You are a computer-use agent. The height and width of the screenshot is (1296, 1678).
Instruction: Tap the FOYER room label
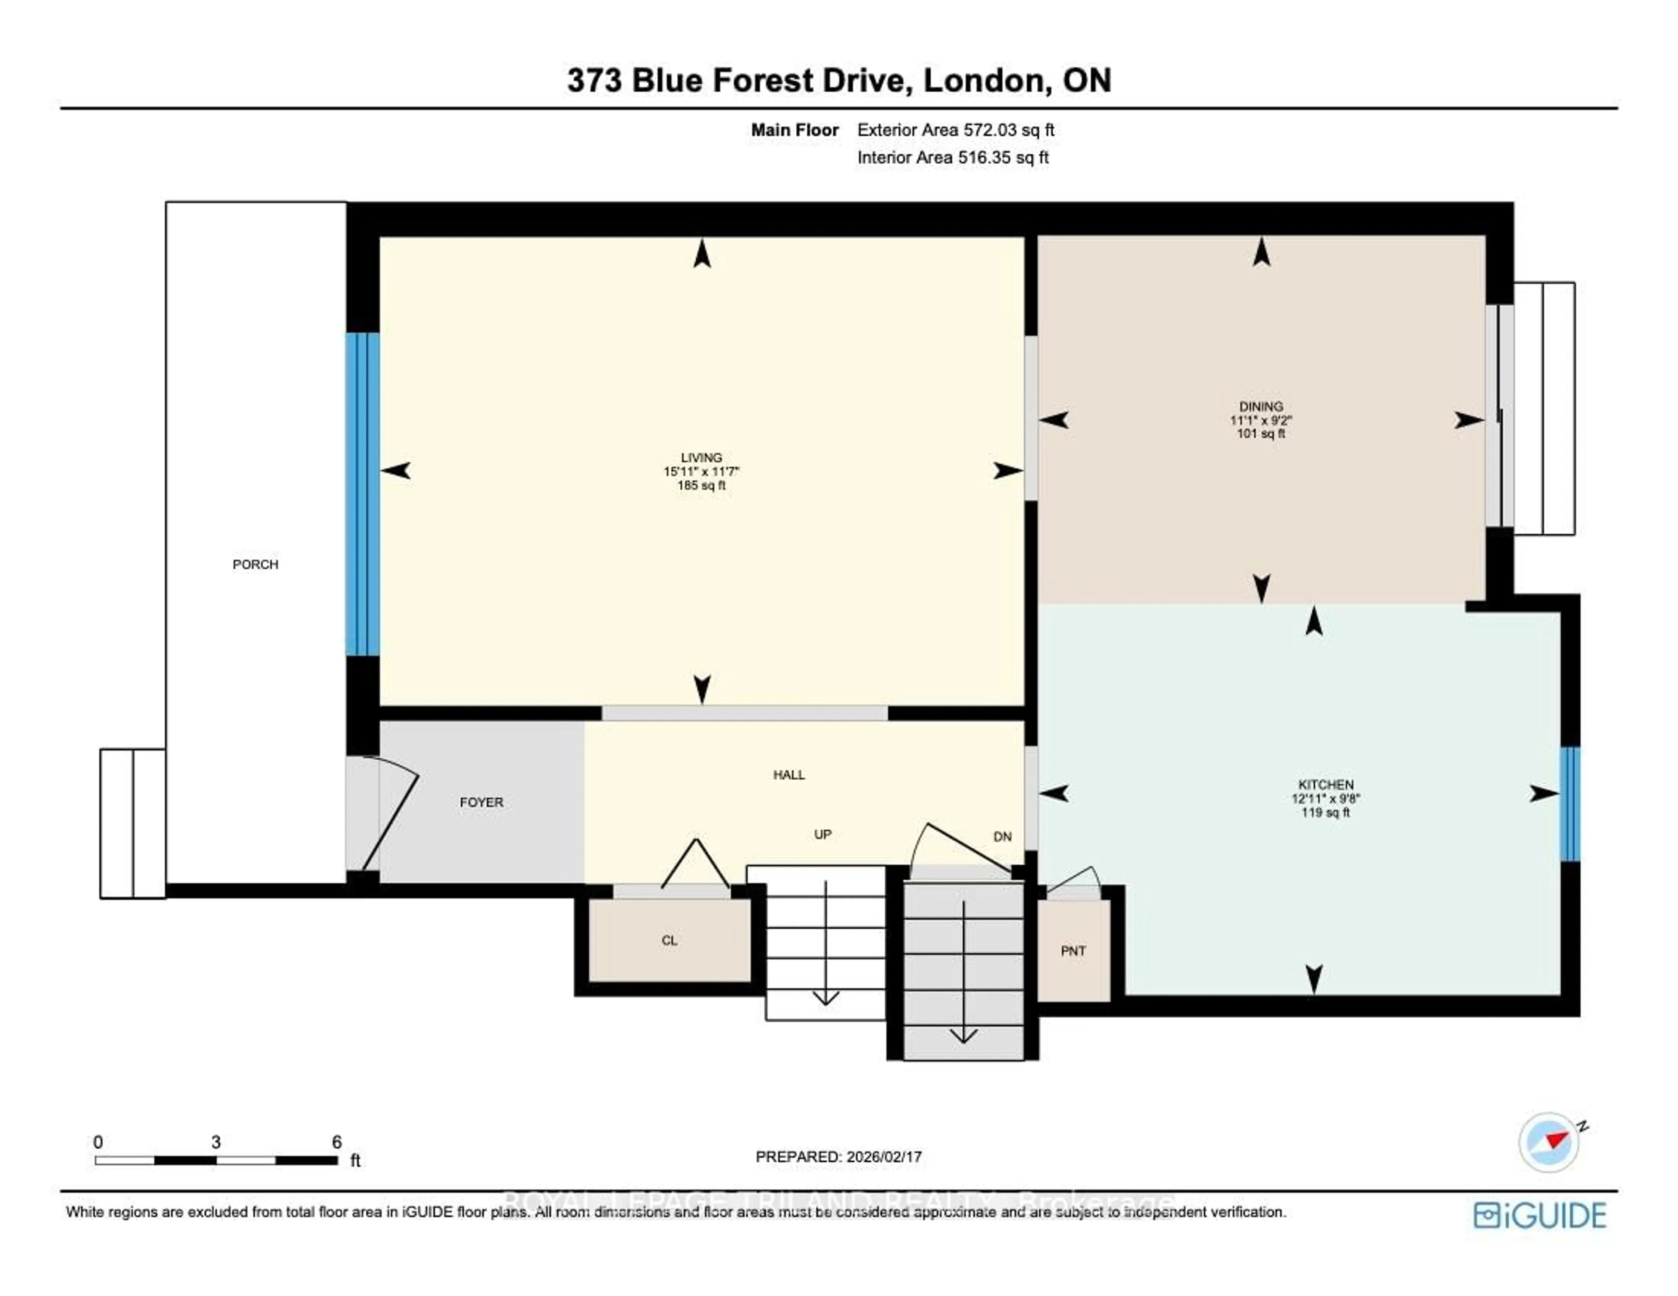click(482, 802)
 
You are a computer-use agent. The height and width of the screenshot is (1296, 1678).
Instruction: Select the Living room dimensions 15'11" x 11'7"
click(701, 472)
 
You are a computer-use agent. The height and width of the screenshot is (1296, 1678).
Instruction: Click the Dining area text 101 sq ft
click(1260, 433)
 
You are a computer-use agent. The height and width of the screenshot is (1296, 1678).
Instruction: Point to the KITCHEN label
click(1325, 785)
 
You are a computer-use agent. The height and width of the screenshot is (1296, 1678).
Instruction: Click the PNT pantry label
click(1073, 951)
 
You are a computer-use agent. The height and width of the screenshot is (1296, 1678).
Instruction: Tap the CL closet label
click(669, 940)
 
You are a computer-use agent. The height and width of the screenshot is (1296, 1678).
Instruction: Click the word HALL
click(789, 774)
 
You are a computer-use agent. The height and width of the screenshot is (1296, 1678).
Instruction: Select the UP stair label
click(822, 834)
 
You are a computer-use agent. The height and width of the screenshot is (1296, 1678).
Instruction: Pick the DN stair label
click(1002, 836)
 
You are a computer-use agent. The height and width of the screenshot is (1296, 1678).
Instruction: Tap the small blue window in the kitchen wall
click(1570, 804)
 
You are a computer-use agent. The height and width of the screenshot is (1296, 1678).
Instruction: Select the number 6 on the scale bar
click(336, 1142)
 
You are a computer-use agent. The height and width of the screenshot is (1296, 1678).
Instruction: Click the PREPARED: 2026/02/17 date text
click(838, 1156)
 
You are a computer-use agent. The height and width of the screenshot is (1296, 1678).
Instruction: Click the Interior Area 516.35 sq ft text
click(953, 158)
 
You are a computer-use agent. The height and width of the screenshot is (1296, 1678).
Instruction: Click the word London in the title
click(986, 81)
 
